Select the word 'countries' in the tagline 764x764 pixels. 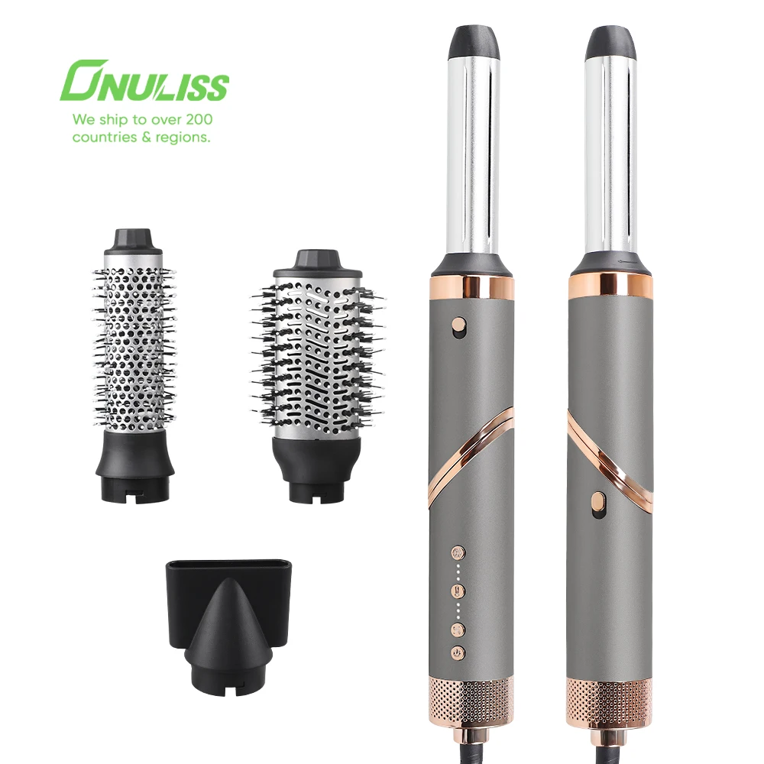102,138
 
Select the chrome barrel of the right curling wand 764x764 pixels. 610,153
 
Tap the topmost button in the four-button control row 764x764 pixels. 459,552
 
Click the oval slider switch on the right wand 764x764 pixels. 598,505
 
